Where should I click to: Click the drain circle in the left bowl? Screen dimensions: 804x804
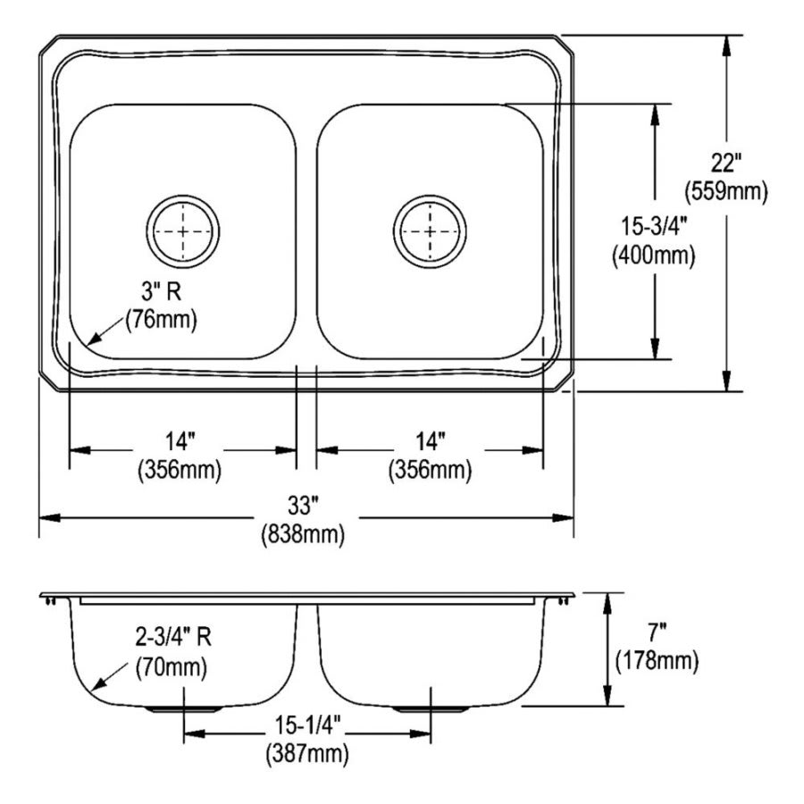click(183, 231)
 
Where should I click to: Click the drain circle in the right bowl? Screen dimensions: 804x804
click(430, 231)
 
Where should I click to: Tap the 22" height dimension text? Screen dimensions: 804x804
click(726, 163)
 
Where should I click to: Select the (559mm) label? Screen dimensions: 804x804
click(725, 190)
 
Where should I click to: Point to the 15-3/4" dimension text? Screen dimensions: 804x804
click(654, 228)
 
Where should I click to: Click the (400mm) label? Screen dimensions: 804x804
click(654, 255)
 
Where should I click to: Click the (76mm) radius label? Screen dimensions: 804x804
click(161, 318)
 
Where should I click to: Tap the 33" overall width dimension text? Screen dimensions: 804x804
click(304, 507)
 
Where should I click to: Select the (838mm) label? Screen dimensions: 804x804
click(304, 534)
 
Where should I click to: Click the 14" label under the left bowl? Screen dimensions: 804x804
click(179, 440)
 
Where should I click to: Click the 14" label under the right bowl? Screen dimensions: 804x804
click(429, 440)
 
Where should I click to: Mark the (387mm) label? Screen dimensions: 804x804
click(307, 754)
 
